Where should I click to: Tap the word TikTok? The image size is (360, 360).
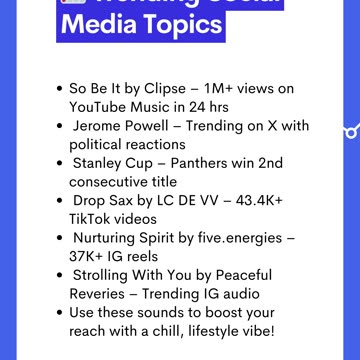93,218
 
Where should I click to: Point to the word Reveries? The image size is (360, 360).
104,293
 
